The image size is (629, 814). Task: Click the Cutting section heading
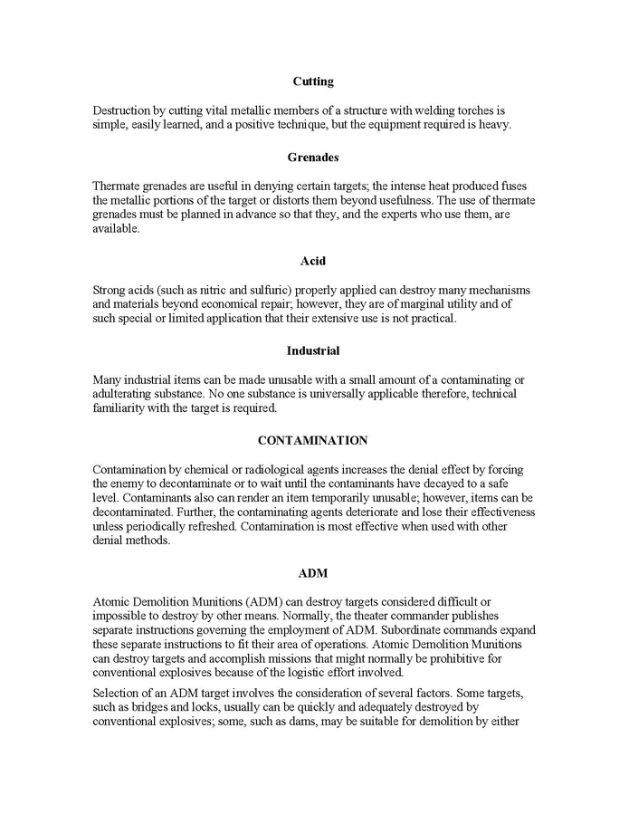(x=313, y=81)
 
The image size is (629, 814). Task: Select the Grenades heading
(x=313, y=157)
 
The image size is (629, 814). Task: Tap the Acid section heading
(x=313, y=261)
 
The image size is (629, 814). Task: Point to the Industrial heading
(x=313, y=350)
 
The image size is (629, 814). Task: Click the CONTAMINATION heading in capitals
(x=313, y=440)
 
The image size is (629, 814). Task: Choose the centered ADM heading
(x=313, y=573)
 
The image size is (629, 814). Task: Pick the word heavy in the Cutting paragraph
(x=494, y=125)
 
